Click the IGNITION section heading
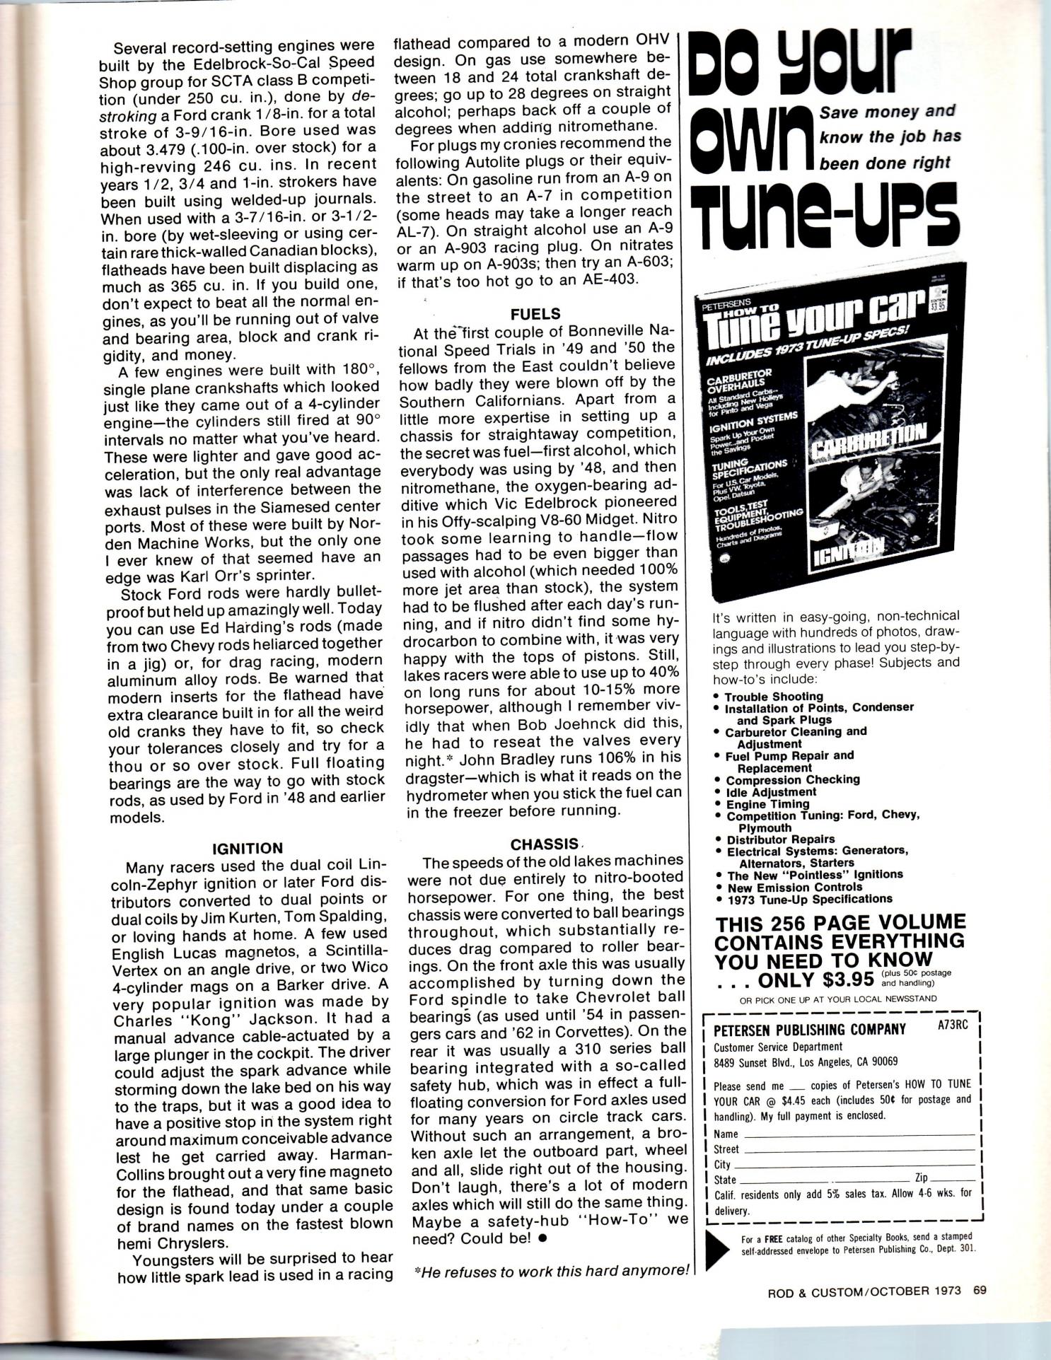point(248,848)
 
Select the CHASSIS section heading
point(545,844)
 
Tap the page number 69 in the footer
point(979,1289)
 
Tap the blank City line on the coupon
point(856,1165)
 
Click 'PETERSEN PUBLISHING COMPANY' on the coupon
point(810,1029)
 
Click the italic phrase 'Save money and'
point(887,112)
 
